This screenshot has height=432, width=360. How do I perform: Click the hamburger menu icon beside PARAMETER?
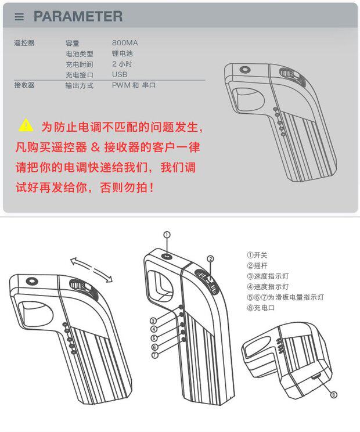(x=19, y=17)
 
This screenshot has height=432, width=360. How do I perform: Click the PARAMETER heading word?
(x=78, y=16)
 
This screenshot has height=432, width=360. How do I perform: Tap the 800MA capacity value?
(x=125, y=43)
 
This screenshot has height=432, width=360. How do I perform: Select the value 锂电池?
(x=123, y=53)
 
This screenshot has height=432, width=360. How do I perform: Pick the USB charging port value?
(x=120, y=74)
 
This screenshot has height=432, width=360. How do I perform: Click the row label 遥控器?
(x=24, y=43)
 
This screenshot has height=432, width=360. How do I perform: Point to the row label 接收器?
(x=24, y=85)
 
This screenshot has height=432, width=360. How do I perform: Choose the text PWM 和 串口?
(x=134, y=85)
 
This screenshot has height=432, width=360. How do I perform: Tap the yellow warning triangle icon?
(x=26, y=125)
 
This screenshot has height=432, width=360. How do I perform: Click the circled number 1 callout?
(x=167, y=235)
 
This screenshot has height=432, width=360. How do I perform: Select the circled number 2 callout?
(x=211, y=259)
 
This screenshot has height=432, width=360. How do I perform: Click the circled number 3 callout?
(x=153, y=321)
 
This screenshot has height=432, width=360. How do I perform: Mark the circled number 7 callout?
(x=154, y=355)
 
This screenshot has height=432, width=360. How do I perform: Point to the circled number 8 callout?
(x=333, y=395)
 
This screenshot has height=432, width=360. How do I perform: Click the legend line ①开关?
(x=257, y=254)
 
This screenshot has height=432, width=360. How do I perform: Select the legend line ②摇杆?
(x=257, y=265)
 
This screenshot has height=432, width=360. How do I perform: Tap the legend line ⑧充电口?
(x=261, y=308)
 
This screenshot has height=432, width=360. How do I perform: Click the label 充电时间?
(x=79, y=64)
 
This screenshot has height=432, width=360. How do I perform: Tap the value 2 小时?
(x=122, y=64)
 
